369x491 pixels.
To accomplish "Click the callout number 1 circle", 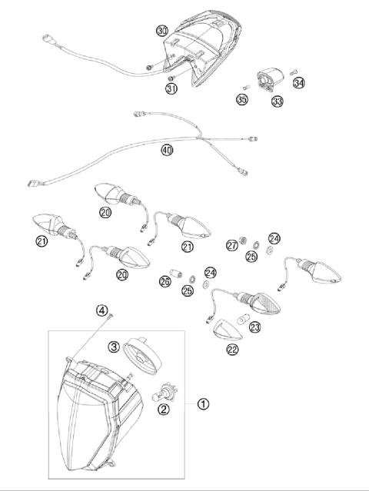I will (203, 403).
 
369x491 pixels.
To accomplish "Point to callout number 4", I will (102, 310).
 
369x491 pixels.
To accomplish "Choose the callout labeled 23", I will (255, 326).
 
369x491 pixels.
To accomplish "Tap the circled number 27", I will (231, 246).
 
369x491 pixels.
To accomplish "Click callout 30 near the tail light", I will (161, 31).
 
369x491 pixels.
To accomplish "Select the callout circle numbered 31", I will (172, 88).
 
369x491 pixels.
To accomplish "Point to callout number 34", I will (299, 82).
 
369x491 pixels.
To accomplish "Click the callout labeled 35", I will (242, 100).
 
